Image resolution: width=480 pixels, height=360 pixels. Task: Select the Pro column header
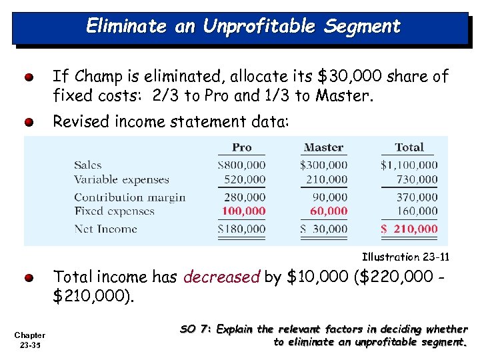click(242, 147)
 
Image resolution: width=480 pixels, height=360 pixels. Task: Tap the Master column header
click(323, 147)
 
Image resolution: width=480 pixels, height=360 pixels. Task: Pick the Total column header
click(409, 147)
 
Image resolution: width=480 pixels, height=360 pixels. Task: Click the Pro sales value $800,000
click(241, 165)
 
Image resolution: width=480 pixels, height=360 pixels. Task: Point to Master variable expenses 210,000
click(327, 179)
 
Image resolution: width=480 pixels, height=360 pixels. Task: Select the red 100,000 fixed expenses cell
click(243, 211)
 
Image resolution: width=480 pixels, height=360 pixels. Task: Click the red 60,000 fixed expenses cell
click(329, 211)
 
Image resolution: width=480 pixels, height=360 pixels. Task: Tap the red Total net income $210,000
click(409, 229)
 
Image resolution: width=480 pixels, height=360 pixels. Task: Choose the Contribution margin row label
click(130, 197)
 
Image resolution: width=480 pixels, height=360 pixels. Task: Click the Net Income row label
click(105, 229)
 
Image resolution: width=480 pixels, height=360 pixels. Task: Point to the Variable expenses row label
click(121, 179)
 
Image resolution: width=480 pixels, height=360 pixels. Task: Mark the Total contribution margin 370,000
click(417, 197)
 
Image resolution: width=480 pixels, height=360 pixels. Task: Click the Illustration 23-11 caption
click(405, 257)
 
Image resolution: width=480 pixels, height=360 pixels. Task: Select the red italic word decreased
click(222, 277)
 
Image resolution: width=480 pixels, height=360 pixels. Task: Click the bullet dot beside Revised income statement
click(30, 123)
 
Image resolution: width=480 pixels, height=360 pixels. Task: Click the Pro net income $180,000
click(241, 229)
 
